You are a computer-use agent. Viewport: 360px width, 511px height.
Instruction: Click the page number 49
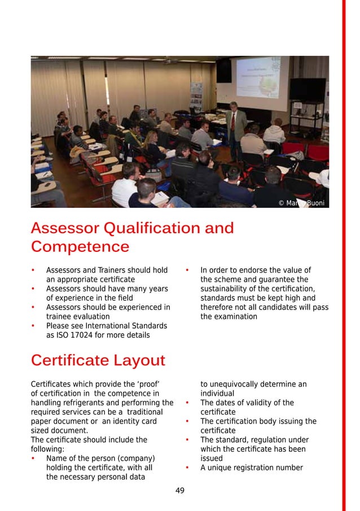coord(180,491)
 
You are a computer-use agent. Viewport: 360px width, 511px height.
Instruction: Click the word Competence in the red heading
coord(80,247)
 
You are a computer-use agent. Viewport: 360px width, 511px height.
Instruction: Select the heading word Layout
coord(139,360)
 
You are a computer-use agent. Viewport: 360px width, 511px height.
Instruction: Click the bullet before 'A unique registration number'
coord(187,468)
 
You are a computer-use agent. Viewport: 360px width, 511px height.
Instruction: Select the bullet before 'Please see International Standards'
coord(33,326)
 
